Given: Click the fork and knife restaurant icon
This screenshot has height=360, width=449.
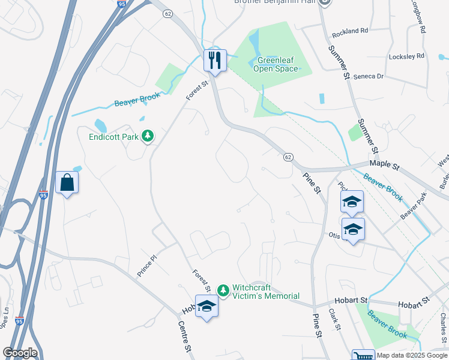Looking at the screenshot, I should tap(215, 59).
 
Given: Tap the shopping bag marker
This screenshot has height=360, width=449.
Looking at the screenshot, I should tap(67, 182).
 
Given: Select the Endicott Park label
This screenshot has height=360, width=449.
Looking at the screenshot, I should tap(113, 137).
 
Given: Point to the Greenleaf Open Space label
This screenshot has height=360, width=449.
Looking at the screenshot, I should tap(277, 64).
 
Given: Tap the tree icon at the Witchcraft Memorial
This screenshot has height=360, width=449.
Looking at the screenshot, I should tap(223, 291).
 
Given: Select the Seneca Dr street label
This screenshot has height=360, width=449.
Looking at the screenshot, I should tap(367, 77).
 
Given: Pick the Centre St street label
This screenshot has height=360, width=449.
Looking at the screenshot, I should tap(184, 336).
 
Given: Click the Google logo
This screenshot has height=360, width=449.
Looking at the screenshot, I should tap(20, 353).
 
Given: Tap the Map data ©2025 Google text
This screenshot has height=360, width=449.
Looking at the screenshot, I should tap(412, 355).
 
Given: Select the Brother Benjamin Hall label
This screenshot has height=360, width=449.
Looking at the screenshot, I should tap(275, 2).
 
